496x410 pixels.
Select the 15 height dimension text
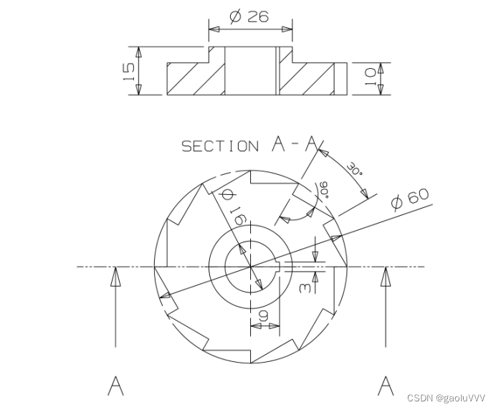[130, 71]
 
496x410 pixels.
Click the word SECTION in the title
[220, 146]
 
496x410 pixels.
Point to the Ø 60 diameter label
[410, 198]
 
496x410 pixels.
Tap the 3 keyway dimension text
[304, 287]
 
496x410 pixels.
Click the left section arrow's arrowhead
[115, 276]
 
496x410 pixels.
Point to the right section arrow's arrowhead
[386, 276]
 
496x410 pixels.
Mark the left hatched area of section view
[195, 78]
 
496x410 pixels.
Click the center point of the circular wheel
[251, 267]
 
